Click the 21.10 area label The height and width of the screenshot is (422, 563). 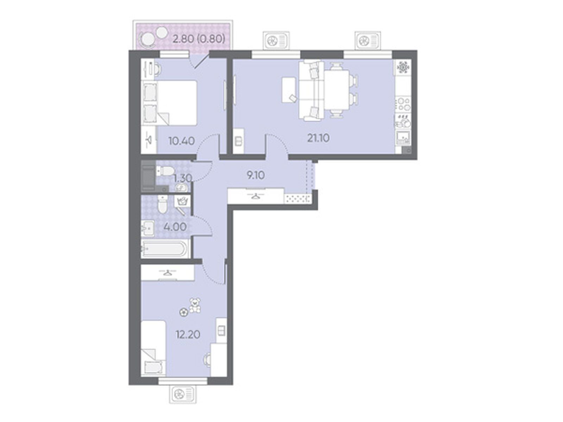[x=318, y=138]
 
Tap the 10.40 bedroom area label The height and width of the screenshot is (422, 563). [x=182, y=141]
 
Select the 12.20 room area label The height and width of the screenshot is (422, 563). [x=188, y=334]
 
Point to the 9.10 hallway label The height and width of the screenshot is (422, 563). [x=255, y=175]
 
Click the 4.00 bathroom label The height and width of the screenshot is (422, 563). [x=175, y=227]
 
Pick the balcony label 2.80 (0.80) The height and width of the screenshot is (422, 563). [x=199, y=39]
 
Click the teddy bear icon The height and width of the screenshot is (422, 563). [x=195, y=305]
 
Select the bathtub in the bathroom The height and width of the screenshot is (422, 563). [x=165, y=249]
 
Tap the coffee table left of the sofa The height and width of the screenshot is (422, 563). [x=289, y=90]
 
